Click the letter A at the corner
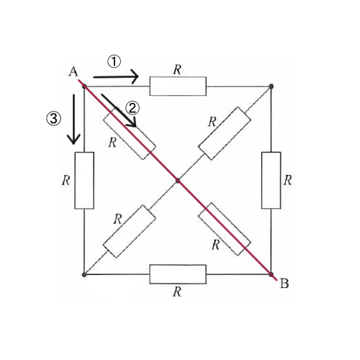[73, 71]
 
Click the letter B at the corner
[284, 284]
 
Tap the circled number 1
[114, 61]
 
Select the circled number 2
[132, 108]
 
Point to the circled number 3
[53, 119]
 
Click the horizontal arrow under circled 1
[116, 76]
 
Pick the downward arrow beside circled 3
[73, 120]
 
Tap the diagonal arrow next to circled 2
[119, 110]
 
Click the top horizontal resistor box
[178, 86]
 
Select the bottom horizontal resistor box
[178, 274]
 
